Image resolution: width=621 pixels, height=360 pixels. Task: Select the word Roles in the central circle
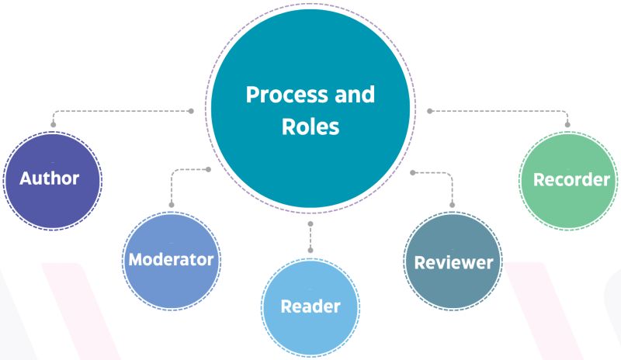310,126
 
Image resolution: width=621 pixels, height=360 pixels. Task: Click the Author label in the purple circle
50,178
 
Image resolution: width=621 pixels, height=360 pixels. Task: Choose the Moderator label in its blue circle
171,259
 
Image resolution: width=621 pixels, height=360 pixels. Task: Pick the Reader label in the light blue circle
310,306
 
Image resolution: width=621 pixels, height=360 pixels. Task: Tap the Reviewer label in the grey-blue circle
453,262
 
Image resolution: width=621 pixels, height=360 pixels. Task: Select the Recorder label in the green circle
571,179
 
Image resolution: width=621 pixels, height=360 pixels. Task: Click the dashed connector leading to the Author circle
116,111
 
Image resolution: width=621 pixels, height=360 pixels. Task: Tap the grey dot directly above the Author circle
53,124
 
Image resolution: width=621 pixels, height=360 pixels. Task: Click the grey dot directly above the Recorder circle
568,124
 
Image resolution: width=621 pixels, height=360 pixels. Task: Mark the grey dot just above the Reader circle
310,251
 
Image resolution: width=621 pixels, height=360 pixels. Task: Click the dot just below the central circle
310,223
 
